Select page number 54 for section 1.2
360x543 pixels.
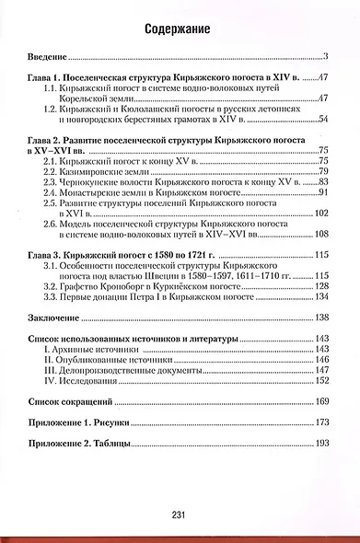click(x=323, y=118)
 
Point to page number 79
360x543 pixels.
click(x=323, y=170)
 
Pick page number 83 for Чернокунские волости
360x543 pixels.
click(x=323, y=182)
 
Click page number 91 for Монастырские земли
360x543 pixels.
click(x=323, y=193)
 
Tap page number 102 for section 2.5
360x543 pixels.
click(x=321, y=204)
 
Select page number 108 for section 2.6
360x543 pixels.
click(x=321, y=227)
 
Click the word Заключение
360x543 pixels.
click(x=55, y=318)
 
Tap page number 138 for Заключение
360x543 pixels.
click(x=321, y=318)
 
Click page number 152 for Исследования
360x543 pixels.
click(x=321, y=379)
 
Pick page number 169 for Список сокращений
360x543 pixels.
click(x=321, y=401)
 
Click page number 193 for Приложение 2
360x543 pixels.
click(x=321, y=444)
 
